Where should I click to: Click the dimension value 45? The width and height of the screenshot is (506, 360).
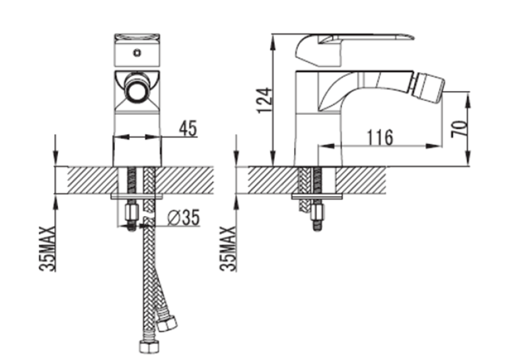pos(188,128)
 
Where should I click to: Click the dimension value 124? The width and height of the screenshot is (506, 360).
pos(265,100)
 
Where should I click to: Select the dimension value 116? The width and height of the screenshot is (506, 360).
pos(380,137)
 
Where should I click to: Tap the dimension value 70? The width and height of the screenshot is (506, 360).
pos(459,129)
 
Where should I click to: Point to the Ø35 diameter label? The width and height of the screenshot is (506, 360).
pos(184,217)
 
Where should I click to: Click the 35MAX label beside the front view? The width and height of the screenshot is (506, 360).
pos(48,248)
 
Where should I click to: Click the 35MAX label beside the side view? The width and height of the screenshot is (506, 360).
pos(228,248)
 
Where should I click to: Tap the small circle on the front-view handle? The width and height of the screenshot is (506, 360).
pos(137,52)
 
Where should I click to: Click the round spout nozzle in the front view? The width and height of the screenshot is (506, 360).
pos(137,89)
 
